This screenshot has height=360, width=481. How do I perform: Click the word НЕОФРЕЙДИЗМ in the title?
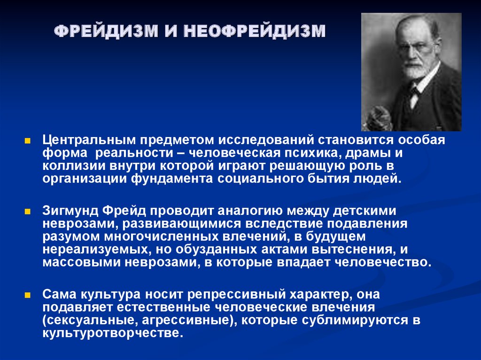pos(254,31)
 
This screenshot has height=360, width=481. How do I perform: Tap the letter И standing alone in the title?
pos(171,31)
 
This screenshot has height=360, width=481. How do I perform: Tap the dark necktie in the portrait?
pos(415,91)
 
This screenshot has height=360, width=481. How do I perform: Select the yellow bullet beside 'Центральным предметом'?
pos(28,141)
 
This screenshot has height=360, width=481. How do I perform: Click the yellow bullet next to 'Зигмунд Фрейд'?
pos(28,212)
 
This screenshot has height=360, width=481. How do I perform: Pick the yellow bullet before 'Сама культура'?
pos(28,295)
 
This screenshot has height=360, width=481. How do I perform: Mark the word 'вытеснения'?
pos(353,250)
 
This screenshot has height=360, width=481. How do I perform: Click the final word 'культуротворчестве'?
pos(113,333)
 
